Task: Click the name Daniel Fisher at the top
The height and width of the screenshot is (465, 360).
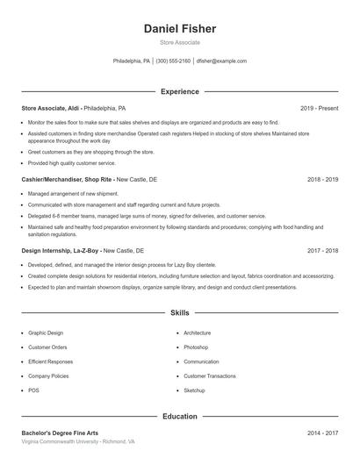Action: [179, 28]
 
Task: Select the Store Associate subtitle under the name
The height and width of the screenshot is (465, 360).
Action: [179, 42]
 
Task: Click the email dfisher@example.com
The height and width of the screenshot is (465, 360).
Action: [221, 61]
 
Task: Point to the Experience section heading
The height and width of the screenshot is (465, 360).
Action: [179, 91]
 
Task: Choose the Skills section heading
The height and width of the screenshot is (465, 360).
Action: [179, 312]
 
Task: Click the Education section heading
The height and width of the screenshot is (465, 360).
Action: [179, 417]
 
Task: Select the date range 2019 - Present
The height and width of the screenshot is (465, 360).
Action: [319, 108]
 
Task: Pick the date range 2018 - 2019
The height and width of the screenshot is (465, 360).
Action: [322, 179]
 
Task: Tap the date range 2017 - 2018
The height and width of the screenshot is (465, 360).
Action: [322, 250]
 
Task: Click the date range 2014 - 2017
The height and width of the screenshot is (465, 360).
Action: [322, 433]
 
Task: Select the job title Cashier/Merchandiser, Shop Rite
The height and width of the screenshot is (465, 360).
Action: [67, 179]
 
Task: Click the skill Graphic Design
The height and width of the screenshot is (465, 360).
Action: [46, 333]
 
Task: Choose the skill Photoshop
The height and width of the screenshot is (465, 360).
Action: [196, 347]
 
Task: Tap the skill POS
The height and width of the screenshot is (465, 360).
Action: [33, 390]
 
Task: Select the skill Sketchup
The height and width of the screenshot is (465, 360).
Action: [194, 390]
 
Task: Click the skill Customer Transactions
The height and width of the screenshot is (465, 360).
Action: [210, 376]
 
